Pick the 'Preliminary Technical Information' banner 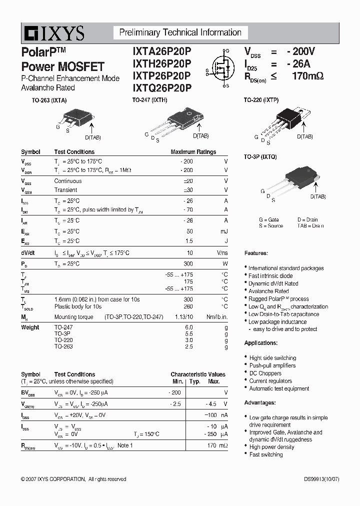180,33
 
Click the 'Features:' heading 256,253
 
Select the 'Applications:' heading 260,343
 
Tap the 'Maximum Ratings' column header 193,152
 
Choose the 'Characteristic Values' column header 198,374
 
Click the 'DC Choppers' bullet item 265,373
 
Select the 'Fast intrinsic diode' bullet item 270,276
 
